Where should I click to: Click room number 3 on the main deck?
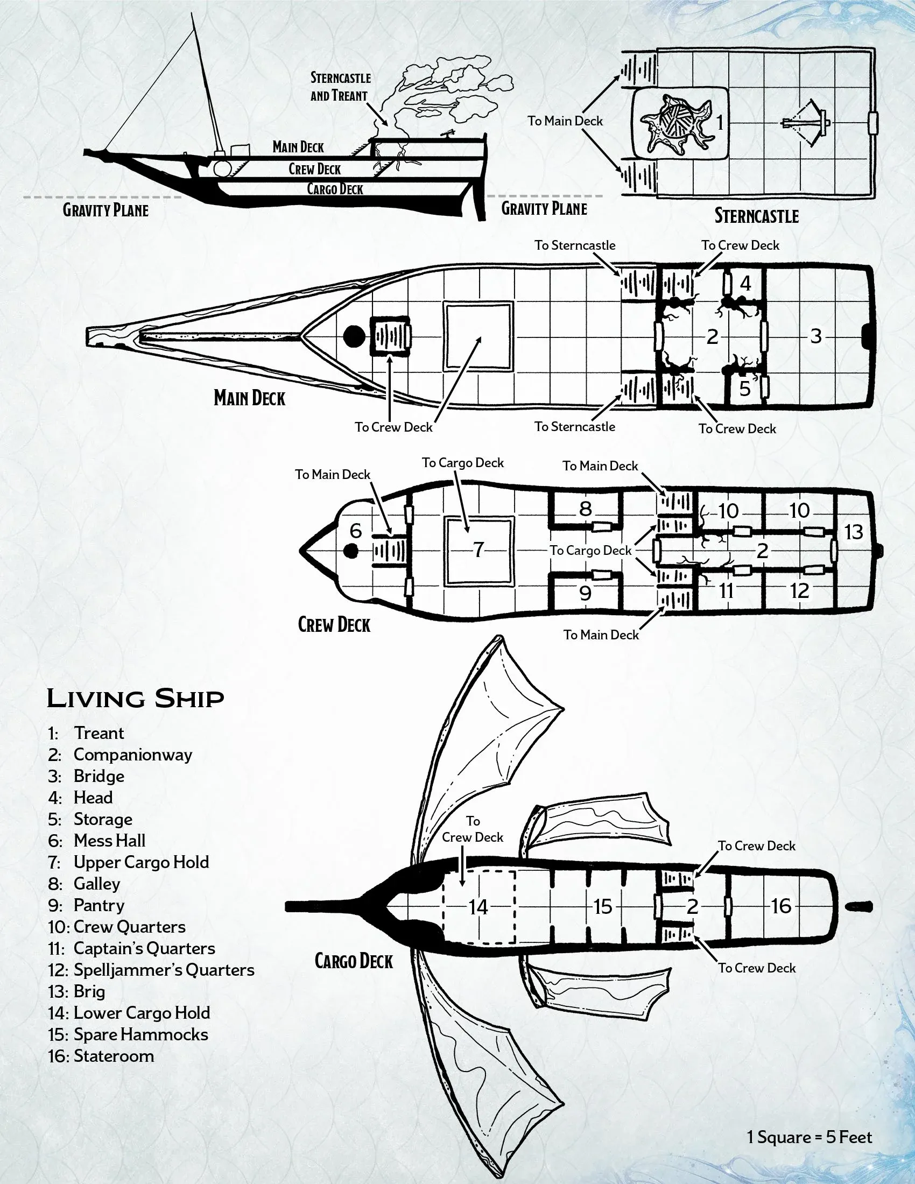[816, 337]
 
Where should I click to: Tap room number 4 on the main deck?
[745, 284]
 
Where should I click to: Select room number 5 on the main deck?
[745, 388]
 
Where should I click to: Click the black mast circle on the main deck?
[354, 337]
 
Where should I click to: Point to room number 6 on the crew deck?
[356, 531]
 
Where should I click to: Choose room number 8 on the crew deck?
[586, 509]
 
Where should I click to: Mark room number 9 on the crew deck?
[586, 593]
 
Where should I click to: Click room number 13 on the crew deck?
[854, 532]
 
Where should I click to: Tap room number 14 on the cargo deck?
[478, 907]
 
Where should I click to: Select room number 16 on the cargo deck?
[781, 906]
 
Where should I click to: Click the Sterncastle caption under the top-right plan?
[756, 216]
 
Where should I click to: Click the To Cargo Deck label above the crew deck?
[463, 463]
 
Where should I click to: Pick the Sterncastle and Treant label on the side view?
[340, 87]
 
